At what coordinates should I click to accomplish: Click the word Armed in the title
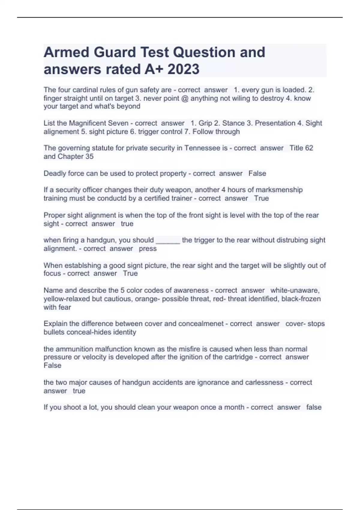point(66,52)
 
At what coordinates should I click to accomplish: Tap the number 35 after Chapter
point(89,157)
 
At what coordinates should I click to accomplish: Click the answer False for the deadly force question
point(257,174)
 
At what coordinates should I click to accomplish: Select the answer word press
point(148,249)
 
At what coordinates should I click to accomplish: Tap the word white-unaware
point(295,290)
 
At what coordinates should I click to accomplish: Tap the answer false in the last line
point(314,407)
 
